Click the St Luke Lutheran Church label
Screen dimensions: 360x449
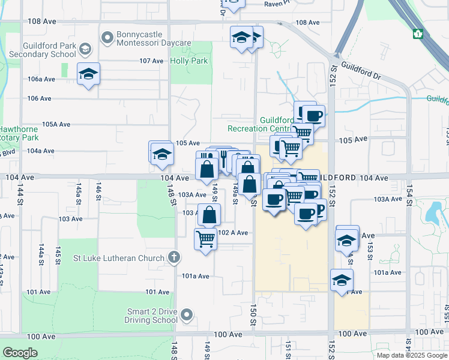tap(118, 259)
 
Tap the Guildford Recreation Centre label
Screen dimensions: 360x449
tap(259, 124)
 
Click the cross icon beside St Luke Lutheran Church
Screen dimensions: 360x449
tap(174, 258)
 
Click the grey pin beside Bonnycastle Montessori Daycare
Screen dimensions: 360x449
tap(107, 38)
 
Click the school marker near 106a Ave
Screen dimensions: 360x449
tap(88, 74)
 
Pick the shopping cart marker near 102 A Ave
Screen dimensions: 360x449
tap(205, 239)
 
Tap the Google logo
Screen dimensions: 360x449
tap(20, 353)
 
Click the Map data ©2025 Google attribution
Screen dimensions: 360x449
tap(411, 355)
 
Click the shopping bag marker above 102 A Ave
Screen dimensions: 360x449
tap(209, 215)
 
